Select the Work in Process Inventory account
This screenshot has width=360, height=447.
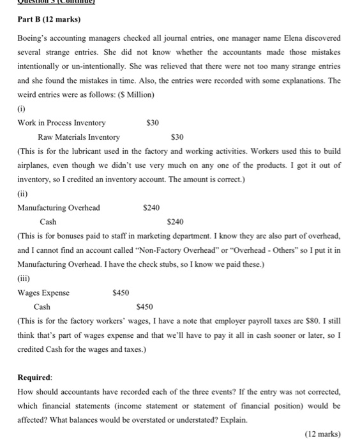(x=63, y=123)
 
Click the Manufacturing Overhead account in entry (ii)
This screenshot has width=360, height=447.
(x=59, y=208)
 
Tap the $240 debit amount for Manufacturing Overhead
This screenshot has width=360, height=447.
(x=151, y=208)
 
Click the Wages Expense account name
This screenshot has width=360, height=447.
(x=44, y=292)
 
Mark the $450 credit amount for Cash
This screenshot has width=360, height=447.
(x=146, y=307)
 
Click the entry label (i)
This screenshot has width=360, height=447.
(x=22, y=109)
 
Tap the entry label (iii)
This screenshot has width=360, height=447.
(x=24, y=278)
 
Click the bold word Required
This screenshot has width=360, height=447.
(x=34, y=377)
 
